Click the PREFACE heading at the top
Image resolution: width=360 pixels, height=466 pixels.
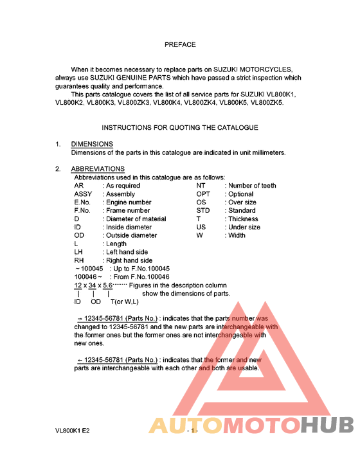180,45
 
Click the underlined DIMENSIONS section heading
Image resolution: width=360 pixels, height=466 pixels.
92,144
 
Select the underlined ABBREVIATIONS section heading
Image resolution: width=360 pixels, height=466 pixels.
98,169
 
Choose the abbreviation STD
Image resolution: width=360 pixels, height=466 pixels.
203,211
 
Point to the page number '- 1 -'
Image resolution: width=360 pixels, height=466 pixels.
192,431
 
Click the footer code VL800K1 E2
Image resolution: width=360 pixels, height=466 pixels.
73,431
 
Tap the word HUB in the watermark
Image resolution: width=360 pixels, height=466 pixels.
328,426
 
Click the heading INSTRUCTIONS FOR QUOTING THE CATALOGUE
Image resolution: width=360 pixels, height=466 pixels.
180,128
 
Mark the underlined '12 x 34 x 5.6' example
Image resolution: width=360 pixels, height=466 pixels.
93,285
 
